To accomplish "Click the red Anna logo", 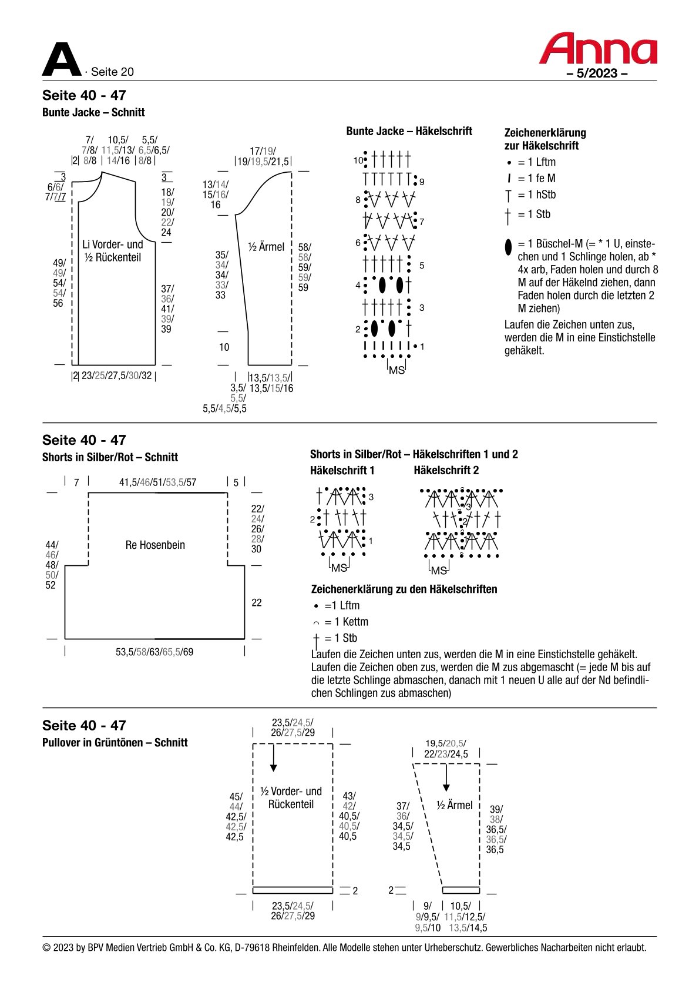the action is point(597,48).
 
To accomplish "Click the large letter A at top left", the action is point(62,59).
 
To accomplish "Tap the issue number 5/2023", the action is point(597,73).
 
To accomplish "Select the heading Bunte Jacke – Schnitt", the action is point(93,113).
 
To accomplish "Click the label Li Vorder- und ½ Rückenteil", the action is point(113,251).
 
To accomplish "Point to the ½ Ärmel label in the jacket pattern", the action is point(266,247).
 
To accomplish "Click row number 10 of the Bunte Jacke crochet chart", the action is point(358,160).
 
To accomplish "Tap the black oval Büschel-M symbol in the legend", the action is point(508,247).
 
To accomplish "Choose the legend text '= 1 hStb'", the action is point(537,195).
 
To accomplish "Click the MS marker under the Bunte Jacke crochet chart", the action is point(396,370).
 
